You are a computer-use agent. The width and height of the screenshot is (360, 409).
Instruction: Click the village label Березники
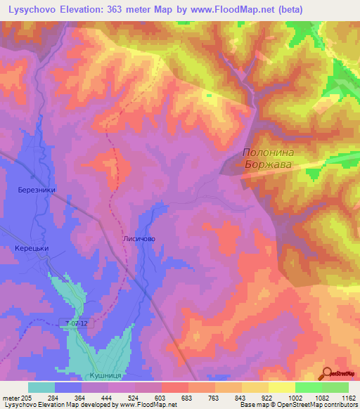click(37, 190)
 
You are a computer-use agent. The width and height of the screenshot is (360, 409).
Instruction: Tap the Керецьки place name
click(32, 249)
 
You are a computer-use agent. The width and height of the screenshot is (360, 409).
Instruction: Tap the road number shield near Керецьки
click(75, 323)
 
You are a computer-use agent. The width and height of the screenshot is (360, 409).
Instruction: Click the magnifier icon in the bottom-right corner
click(327, 374)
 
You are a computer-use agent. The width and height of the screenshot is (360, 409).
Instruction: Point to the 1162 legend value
click(348, 397)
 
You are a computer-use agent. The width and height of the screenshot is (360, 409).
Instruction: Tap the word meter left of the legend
click(12, 397)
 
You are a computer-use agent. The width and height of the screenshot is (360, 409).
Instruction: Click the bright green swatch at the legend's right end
click(335, 387)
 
